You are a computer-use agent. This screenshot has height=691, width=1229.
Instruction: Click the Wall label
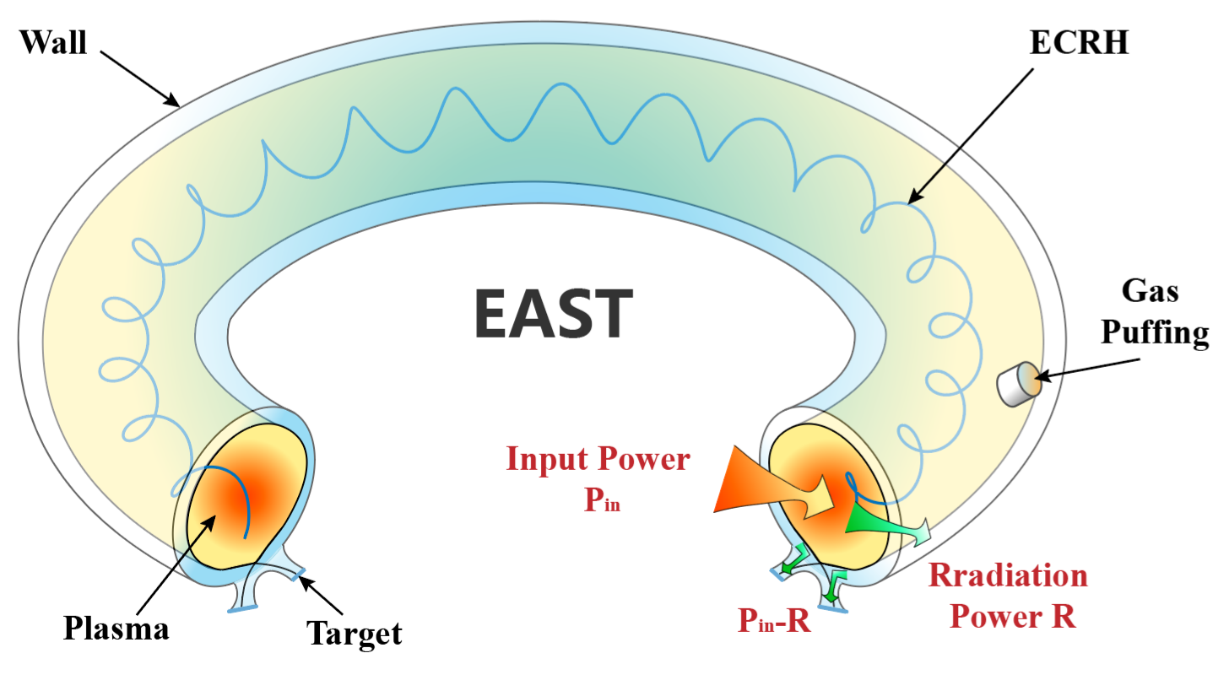point(53,42)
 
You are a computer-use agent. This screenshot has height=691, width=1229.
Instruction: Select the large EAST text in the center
point(553,312)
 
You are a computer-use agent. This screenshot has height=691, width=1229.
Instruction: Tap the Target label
point(354,632)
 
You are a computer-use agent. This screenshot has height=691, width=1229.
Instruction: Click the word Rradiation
point(1008,576)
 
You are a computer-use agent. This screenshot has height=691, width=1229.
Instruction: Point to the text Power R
point(1013,616)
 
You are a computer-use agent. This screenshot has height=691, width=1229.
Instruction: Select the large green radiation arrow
point(886,524)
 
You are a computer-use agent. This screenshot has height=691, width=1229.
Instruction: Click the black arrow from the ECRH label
point(971,135)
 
